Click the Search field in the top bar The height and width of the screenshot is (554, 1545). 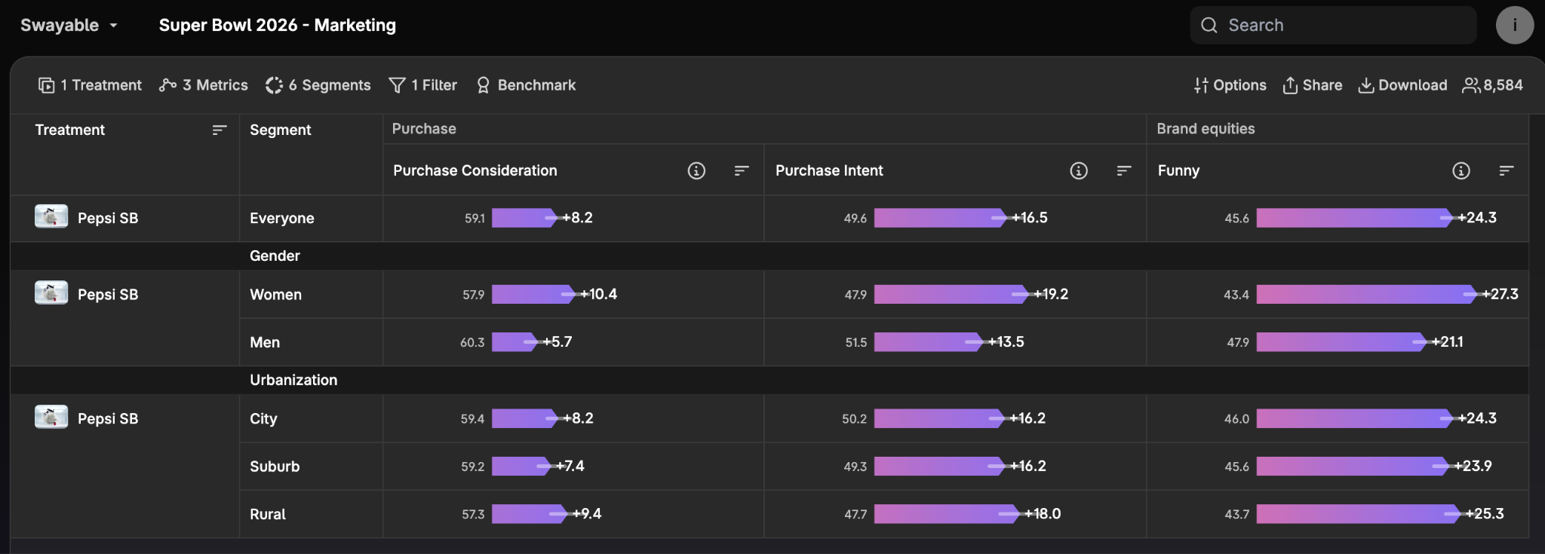tap(1332, 26)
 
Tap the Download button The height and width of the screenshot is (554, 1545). tap(1402, 85)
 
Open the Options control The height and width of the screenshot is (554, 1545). tap(1230, 85)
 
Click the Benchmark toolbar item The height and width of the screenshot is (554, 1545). tap(526, 85)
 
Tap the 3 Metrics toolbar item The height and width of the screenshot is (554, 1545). tap(203, 85)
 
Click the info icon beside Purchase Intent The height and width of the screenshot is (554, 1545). tap(1079, 171)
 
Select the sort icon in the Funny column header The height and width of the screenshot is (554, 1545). tap(1506, 171)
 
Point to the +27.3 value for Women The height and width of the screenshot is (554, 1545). tap(1500, 294)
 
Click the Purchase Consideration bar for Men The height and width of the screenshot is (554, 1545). tap(513, 342)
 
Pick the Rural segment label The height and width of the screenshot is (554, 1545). tap(268, 514)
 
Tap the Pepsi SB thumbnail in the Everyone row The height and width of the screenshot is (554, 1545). tap(51, 217)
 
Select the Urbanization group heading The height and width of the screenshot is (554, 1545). tap(293, 380)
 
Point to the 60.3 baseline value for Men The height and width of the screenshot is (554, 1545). tap(472, 342)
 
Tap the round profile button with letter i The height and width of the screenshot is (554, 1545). tap(1514, 26)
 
